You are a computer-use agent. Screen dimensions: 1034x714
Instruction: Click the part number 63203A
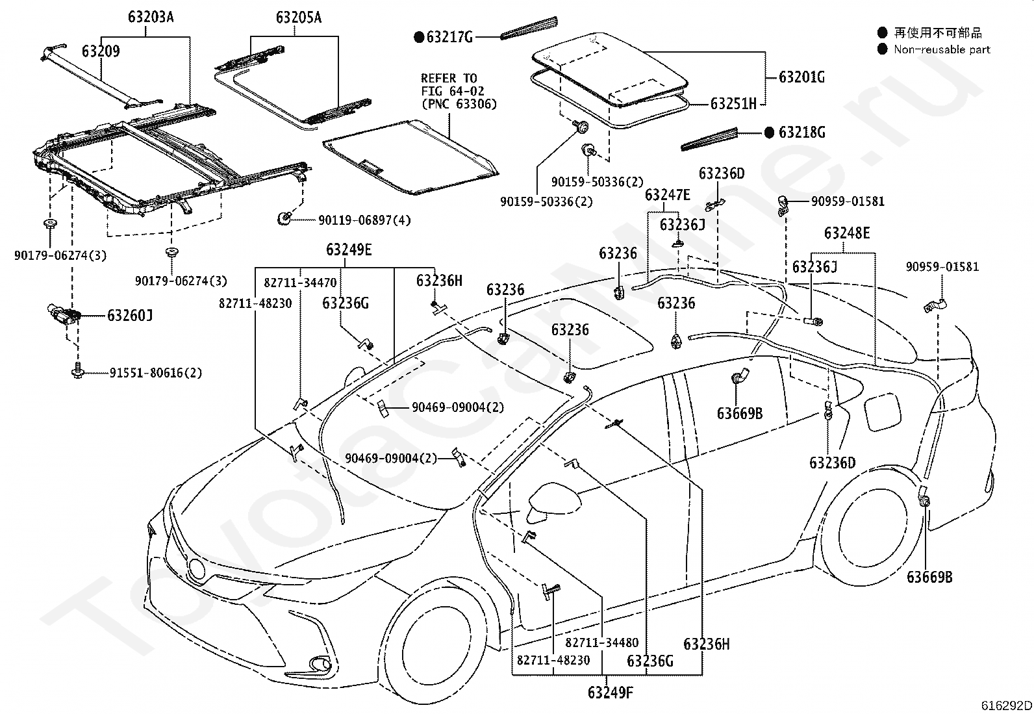point(151,17)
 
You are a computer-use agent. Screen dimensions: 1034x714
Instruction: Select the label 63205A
point(299,18)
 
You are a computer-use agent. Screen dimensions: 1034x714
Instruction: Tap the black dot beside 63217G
point(419,37)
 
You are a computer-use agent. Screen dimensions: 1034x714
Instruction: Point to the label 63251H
point(733,104)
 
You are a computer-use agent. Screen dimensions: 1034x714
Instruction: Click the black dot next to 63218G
point(769,133)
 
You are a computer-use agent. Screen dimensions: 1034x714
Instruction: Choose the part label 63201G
point(802,77)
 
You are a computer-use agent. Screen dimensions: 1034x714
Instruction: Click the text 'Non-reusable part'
point(942,49)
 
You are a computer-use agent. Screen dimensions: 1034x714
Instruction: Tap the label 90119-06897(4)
point(364,220)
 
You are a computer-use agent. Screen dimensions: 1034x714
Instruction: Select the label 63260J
point(130,316)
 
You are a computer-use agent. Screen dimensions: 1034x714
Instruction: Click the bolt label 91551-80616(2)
point(156,373)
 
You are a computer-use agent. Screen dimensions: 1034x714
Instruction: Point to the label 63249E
point(349,250)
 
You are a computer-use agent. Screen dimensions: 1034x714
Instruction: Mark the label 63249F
point(611,693)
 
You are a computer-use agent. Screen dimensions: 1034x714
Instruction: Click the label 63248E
point(847,233)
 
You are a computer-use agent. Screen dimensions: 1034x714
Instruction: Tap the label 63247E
point(668,196)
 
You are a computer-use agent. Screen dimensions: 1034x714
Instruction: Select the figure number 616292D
point(1006,706)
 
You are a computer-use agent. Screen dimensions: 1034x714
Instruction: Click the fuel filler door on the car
point(881,411)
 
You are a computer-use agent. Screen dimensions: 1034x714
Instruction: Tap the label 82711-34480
point(602,643)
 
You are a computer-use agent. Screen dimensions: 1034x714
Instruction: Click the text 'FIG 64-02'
point(452,91)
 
